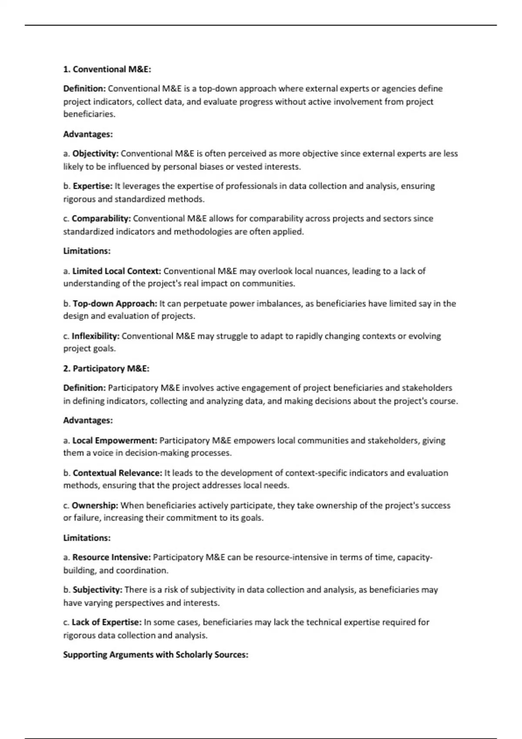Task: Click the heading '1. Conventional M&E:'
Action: pos(107,70)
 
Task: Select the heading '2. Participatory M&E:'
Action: pos(106,369)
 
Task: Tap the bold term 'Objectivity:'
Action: pos(95,154)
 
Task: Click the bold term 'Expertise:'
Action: pos(92,186)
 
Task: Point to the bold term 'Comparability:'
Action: pos(101,219)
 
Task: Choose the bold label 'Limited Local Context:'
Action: pos(117,271)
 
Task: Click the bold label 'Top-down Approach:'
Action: pos(115,303)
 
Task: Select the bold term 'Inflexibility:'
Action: pos(95,336)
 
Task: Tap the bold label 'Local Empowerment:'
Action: pos(114,440)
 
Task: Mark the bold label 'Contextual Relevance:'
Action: pos(117,473)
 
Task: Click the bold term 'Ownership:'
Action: pos(95,506)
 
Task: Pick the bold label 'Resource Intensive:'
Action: pos(111,557)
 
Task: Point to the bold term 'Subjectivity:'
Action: pos(97,590)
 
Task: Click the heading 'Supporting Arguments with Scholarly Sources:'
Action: pos(156,655)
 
